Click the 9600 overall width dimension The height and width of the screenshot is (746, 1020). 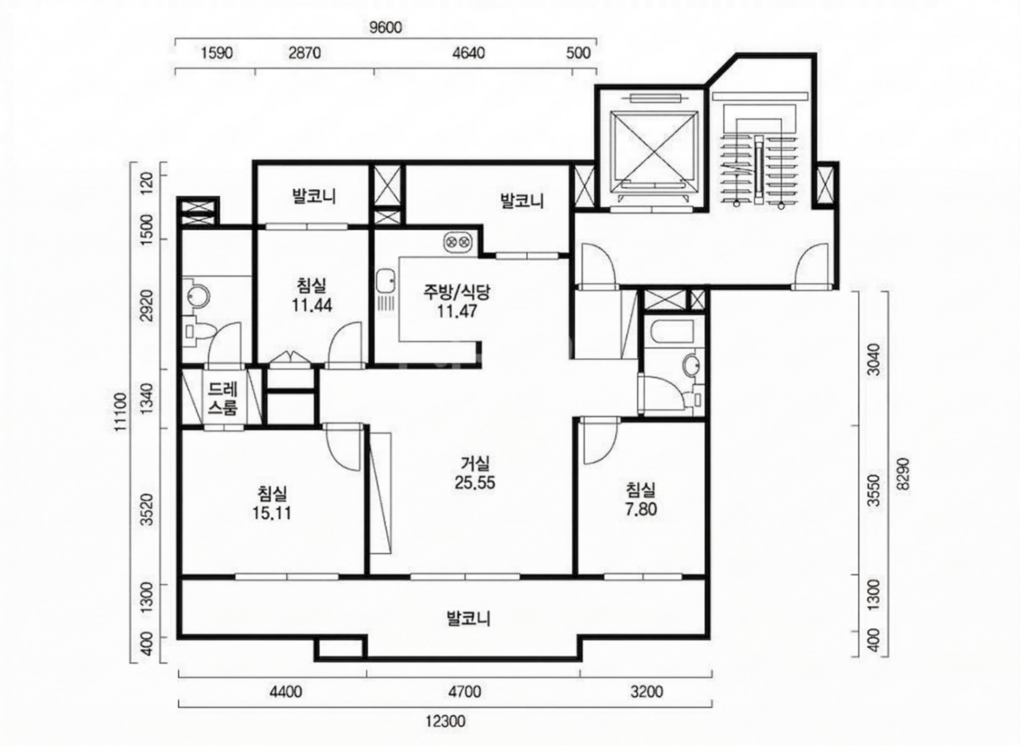385,28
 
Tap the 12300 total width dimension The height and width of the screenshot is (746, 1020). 445,722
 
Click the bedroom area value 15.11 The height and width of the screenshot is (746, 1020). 271,514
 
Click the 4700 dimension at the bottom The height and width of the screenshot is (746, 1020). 465,691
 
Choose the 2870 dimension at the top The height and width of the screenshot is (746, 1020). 305,53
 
